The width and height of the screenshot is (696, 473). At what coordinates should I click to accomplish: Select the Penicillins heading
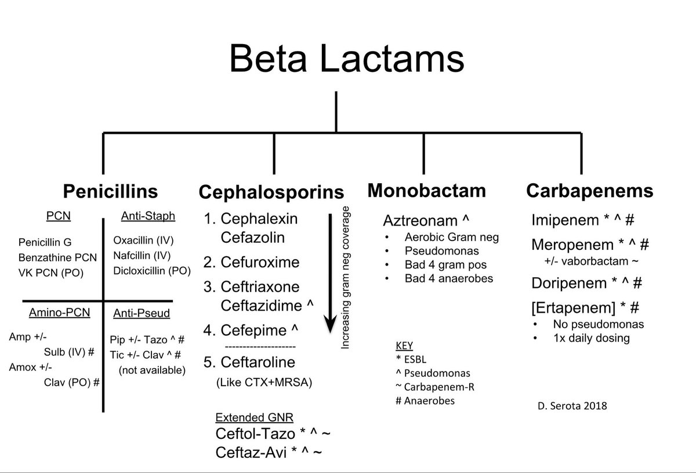point(110,191)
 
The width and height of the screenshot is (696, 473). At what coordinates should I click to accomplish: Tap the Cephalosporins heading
point(271,192)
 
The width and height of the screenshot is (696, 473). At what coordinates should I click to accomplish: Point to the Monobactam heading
point(427,190)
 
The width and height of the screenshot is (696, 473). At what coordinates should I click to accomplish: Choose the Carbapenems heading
point(590,191)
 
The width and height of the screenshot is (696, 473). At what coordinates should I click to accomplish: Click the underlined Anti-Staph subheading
point(147,216)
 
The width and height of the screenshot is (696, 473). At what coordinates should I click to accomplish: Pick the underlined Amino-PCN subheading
point(59,313)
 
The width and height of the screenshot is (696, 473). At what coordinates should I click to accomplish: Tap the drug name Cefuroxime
point(260,262)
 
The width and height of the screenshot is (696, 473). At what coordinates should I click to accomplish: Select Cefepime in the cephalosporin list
point(253,330)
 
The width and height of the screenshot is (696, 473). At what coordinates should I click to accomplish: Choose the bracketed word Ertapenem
point(570,307)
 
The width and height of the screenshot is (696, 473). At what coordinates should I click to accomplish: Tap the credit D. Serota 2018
point(571,406)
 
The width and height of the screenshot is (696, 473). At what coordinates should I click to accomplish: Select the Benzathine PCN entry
point(57,257)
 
